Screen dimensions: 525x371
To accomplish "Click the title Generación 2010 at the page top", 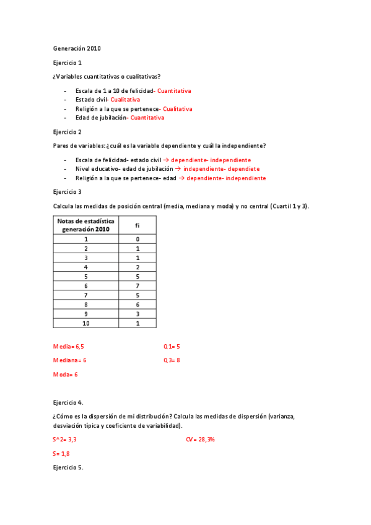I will (77, 48).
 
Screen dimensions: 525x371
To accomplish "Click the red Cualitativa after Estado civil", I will (125, 100).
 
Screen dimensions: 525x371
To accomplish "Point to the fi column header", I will (137, 225).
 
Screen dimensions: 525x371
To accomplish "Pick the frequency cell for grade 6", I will (137, 287).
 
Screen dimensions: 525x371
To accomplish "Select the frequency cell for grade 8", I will (137, 305).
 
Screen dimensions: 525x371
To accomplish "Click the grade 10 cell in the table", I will (86, 323).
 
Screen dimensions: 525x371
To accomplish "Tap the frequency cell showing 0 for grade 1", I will (137, 239).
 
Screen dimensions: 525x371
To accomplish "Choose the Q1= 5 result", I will (172, 346).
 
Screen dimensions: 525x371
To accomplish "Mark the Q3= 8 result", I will (172, 360).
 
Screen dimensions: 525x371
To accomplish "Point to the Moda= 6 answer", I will (66, 375).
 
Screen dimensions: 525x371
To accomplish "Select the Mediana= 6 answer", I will (70, 360).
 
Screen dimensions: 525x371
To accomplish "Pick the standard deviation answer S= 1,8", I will (61, 453).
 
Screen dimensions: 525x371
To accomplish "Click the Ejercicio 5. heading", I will (68, 467).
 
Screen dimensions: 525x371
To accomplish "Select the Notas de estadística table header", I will (86, 225).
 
